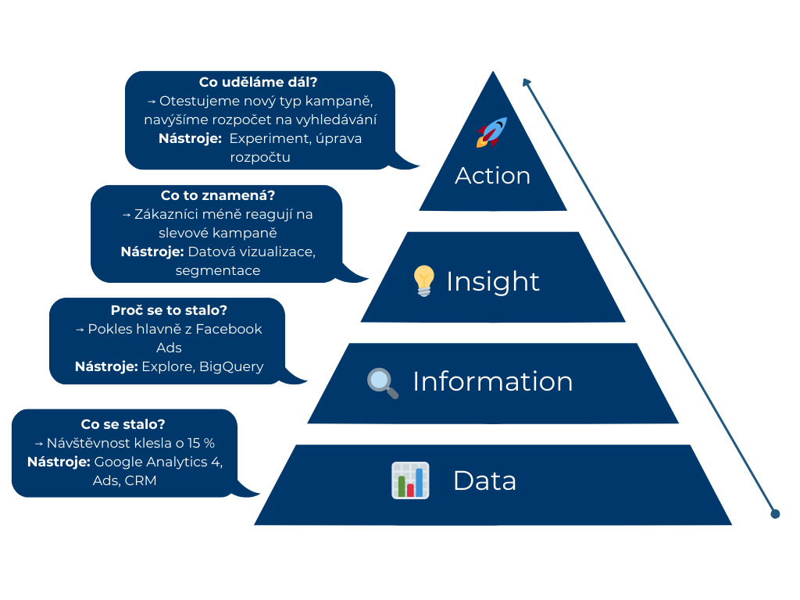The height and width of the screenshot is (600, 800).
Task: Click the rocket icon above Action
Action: [x=492, y=132]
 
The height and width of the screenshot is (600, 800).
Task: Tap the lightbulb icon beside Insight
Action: [x=423, y=280]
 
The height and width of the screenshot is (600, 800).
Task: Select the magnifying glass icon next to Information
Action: [x=383, y=382]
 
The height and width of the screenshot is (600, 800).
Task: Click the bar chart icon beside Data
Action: [x=410, y=480]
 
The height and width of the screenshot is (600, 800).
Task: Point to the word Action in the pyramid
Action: [x=492, y=175]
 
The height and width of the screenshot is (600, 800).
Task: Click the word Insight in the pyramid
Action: [x=492, y=281]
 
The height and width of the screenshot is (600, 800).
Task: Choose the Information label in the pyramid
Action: [x=492, y=381]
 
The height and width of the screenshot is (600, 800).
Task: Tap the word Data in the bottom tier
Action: [x=484, y=480]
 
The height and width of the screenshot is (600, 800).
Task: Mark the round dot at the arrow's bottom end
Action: [x=775, y=513]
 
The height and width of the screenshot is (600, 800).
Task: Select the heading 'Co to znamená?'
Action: [x=216, y=196]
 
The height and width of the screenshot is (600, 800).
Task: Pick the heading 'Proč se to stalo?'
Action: [x=169, y=309]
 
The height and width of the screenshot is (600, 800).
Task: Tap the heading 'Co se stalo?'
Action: [x=123, y=424]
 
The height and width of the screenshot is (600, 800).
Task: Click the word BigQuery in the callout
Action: [x=231, y=366]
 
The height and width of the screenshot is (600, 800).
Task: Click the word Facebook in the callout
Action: [x=228, y=329]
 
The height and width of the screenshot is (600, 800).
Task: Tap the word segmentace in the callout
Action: [x=218, y=270]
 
